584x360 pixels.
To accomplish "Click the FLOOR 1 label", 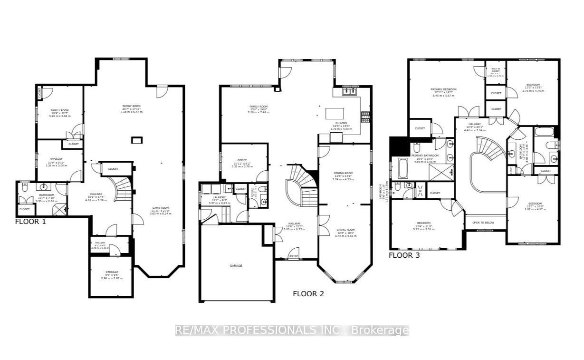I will (30, 221).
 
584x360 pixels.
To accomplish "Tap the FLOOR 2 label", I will (308, 293).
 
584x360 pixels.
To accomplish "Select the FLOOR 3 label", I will (404, 255).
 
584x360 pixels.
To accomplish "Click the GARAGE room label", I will (236, 265).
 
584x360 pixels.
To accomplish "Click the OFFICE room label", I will (242, 160).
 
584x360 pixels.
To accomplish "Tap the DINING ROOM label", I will (343, 173).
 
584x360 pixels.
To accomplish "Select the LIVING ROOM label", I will (345, 230).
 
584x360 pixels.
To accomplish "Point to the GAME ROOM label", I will (161, 208).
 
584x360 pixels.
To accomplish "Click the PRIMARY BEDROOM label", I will (443, 89).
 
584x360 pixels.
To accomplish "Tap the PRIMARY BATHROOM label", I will (424, 156).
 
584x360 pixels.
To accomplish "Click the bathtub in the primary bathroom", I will (402, 167).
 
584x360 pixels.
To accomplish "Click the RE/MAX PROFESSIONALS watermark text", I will (292, 331).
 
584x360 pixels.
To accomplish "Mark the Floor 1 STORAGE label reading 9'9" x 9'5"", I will (112, 272).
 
